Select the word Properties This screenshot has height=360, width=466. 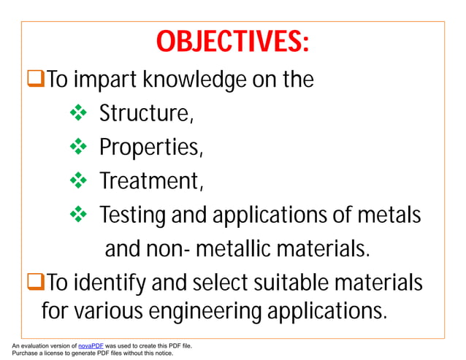150,148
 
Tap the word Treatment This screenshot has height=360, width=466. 150,180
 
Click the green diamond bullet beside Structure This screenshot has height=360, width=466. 77,113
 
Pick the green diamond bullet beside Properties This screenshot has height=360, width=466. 77,147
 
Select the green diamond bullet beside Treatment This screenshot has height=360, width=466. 77,180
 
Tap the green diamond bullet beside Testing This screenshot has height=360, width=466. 77,214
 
